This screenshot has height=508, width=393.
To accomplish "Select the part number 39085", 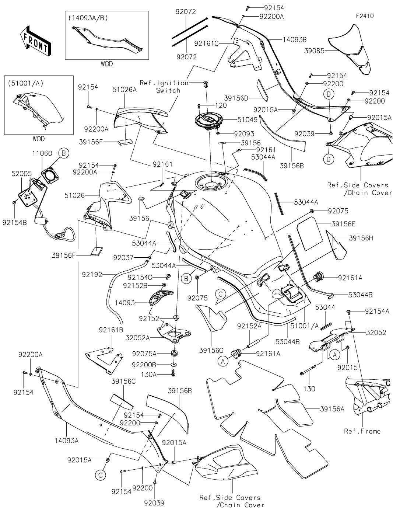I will tap(314, 51).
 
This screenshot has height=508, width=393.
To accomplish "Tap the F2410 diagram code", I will tap(365, 16).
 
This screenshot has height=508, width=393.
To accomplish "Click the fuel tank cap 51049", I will tap(208, 122).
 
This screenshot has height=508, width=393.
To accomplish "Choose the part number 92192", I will tap(92, 274).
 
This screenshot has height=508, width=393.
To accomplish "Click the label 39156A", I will tap(332, 408).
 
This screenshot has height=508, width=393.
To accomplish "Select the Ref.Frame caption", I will tap(362, 431).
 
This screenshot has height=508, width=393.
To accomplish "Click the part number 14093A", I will tap(67, 440).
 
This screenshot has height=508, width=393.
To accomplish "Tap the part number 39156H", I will tap(361, 239).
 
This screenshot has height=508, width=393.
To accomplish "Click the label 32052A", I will tap(137, 337).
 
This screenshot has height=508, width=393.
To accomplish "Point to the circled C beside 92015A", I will tap(101, 475).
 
